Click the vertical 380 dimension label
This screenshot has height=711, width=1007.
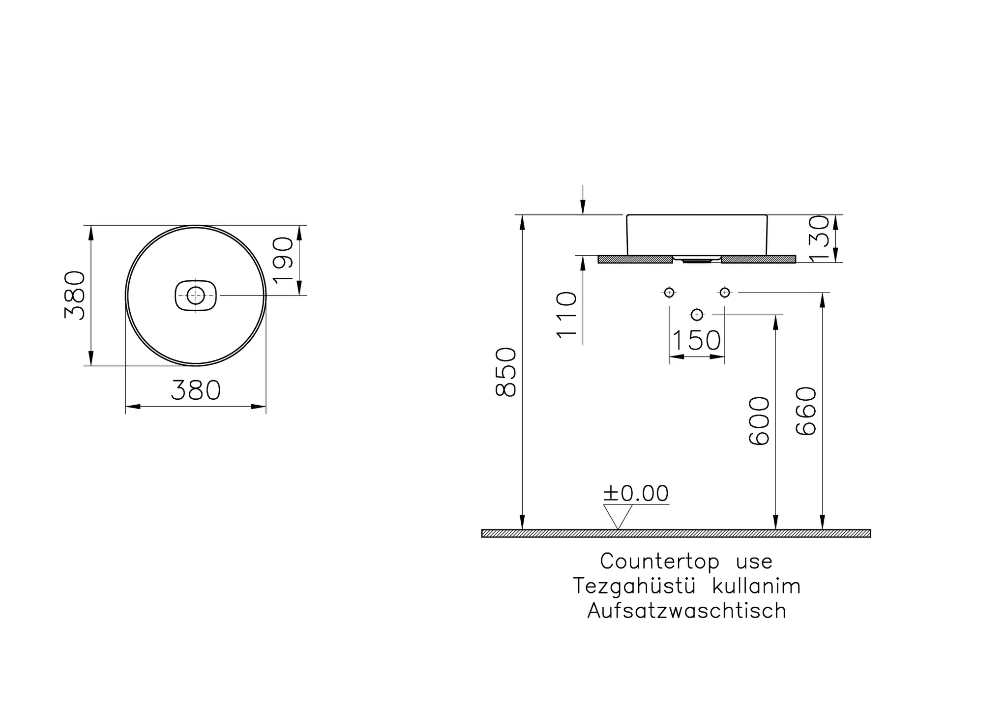tap(75, 296)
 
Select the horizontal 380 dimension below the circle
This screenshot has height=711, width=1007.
tap(196, 391)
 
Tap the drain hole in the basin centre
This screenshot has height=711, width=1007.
tap(196, 296)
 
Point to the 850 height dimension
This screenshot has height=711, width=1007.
tap(506, 372)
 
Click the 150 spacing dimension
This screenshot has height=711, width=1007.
tap(696, 340)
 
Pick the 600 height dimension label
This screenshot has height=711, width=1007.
tap(759, 421)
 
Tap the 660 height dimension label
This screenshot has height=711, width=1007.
tap(806, 411)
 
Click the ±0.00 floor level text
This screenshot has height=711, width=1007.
tap(636, 493)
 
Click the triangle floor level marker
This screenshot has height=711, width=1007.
tap(618, 516)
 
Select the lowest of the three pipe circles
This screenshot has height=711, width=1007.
tap(697, 314)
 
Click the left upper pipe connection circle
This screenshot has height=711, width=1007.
tap(669, 293)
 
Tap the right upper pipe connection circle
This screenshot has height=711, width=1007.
tap(724, 293)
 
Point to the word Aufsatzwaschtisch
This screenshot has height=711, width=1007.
tap(686, 611)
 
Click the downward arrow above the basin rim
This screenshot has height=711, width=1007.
tap(583, 207)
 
